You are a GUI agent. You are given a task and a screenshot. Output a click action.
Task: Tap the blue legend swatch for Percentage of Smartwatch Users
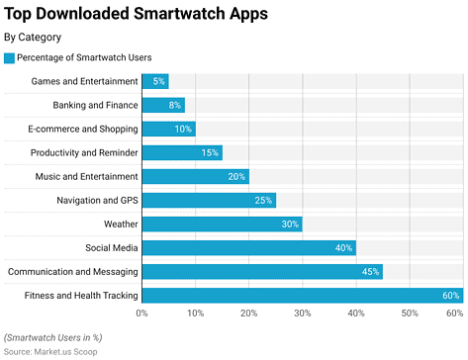(10, 58)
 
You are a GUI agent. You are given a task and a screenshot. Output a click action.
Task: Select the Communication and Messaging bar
(261, 271)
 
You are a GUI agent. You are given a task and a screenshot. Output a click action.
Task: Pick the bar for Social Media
(248, 247)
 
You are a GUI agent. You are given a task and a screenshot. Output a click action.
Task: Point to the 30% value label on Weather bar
(290, 224)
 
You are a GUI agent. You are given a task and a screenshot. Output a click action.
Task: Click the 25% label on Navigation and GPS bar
(263, 200)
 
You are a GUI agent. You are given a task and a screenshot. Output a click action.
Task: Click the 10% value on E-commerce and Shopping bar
(183, 129)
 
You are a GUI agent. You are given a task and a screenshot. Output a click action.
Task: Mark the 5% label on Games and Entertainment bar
(158, 81)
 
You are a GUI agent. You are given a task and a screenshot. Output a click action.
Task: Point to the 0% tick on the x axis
(142, 313)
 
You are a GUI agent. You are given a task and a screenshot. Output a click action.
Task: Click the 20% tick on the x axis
(248, 313)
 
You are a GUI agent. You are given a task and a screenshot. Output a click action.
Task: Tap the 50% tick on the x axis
(409, 313)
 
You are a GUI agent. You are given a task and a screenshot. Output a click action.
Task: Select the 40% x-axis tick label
(355, 313)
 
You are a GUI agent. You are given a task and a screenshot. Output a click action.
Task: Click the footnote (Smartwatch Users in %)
(52, 337)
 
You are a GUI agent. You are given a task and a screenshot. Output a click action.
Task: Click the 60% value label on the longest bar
(450, 295)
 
